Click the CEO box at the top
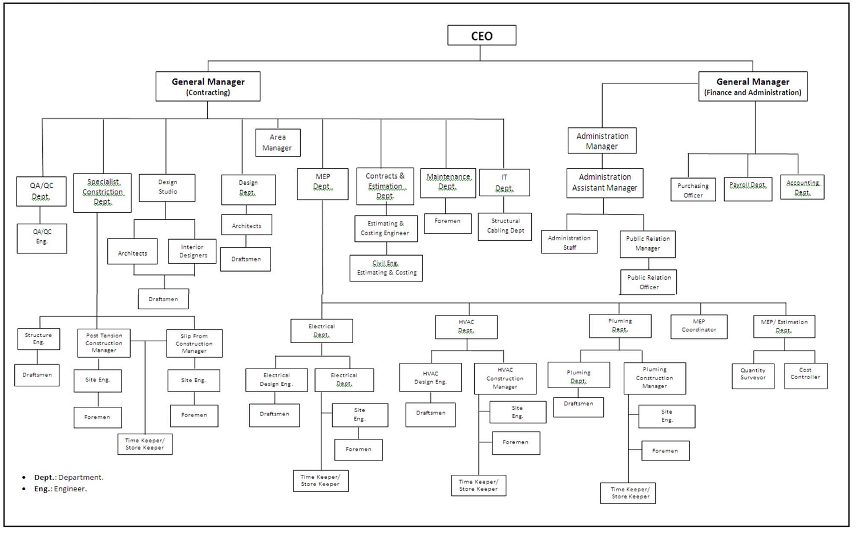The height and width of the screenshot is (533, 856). pos(482,35)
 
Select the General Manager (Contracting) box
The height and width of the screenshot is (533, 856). pos(208,86)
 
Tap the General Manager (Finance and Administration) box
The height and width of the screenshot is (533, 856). pos(753,86)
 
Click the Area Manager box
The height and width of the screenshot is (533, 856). pos(277,143)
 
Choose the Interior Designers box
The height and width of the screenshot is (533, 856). pos(192,251)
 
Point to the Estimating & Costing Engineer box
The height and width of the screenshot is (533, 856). pos(385,228)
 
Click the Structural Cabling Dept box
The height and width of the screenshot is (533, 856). pos(505,226)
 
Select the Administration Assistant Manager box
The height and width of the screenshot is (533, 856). pos(604,183)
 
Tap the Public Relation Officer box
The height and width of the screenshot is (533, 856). pos(648,282)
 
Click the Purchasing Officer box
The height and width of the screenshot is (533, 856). pos(693,190)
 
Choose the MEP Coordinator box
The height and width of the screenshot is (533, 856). pos(698,326)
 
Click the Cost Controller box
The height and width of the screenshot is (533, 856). pos(805,375)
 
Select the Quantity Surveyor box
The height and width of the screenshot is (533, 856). pos(753,375)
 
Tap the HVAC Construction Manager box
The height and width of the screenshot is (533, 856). pos(505,378)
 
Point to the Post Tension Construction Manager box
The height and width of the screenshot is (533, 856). pos(104,343)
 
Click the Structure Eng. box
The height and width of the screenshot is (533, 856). pos(38,339)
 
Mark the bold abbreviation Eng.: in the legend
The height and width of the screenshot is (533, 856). pos(43,489)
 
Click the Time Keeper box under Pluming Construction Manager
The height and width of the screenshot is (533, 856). pos(628,493)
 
